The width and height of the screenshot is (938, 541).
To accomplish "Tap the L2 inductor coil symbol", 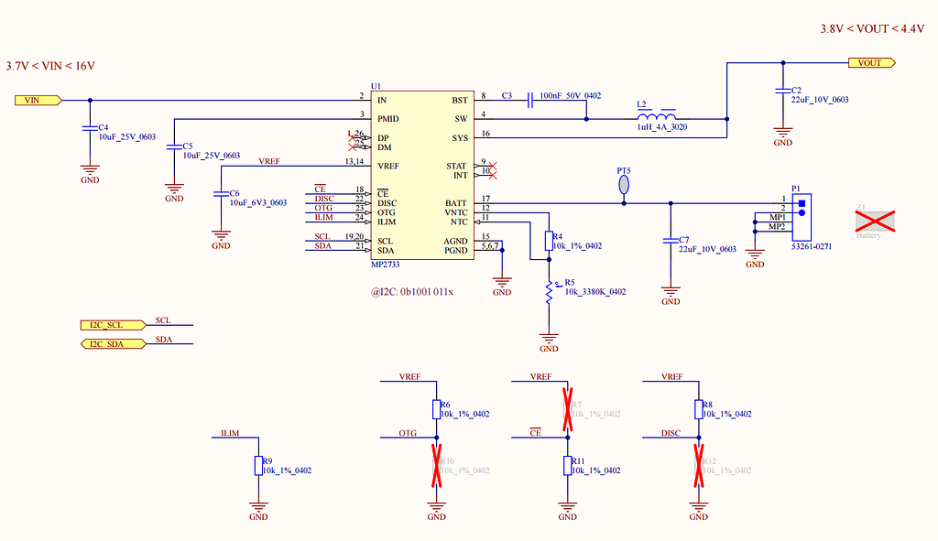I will [656, 118].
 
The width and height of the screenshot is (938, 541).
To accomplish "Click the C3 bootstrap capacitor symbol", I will [530, 100].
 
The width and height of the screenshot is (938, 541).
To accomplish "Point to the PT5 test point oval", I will [624, 185].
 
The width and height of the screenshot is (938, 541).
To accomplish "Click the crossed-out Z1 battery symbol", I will [874, 220].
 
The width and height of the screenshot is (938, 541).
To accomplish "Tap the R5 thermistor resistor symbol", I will [549, 292].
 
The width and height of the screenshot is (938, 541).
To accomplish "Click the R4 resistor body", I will [549, 241].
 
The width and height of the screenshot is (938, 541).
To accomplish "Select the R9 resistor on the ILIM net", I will [258, 466].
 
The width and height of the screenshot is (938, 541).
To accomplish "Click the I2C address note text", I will [412, 292].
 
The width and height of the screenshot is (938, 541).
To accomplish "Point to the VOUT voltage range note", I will [872, 29].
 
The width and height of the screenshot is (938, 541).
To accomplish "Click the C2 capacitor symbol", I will [782, 91].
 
